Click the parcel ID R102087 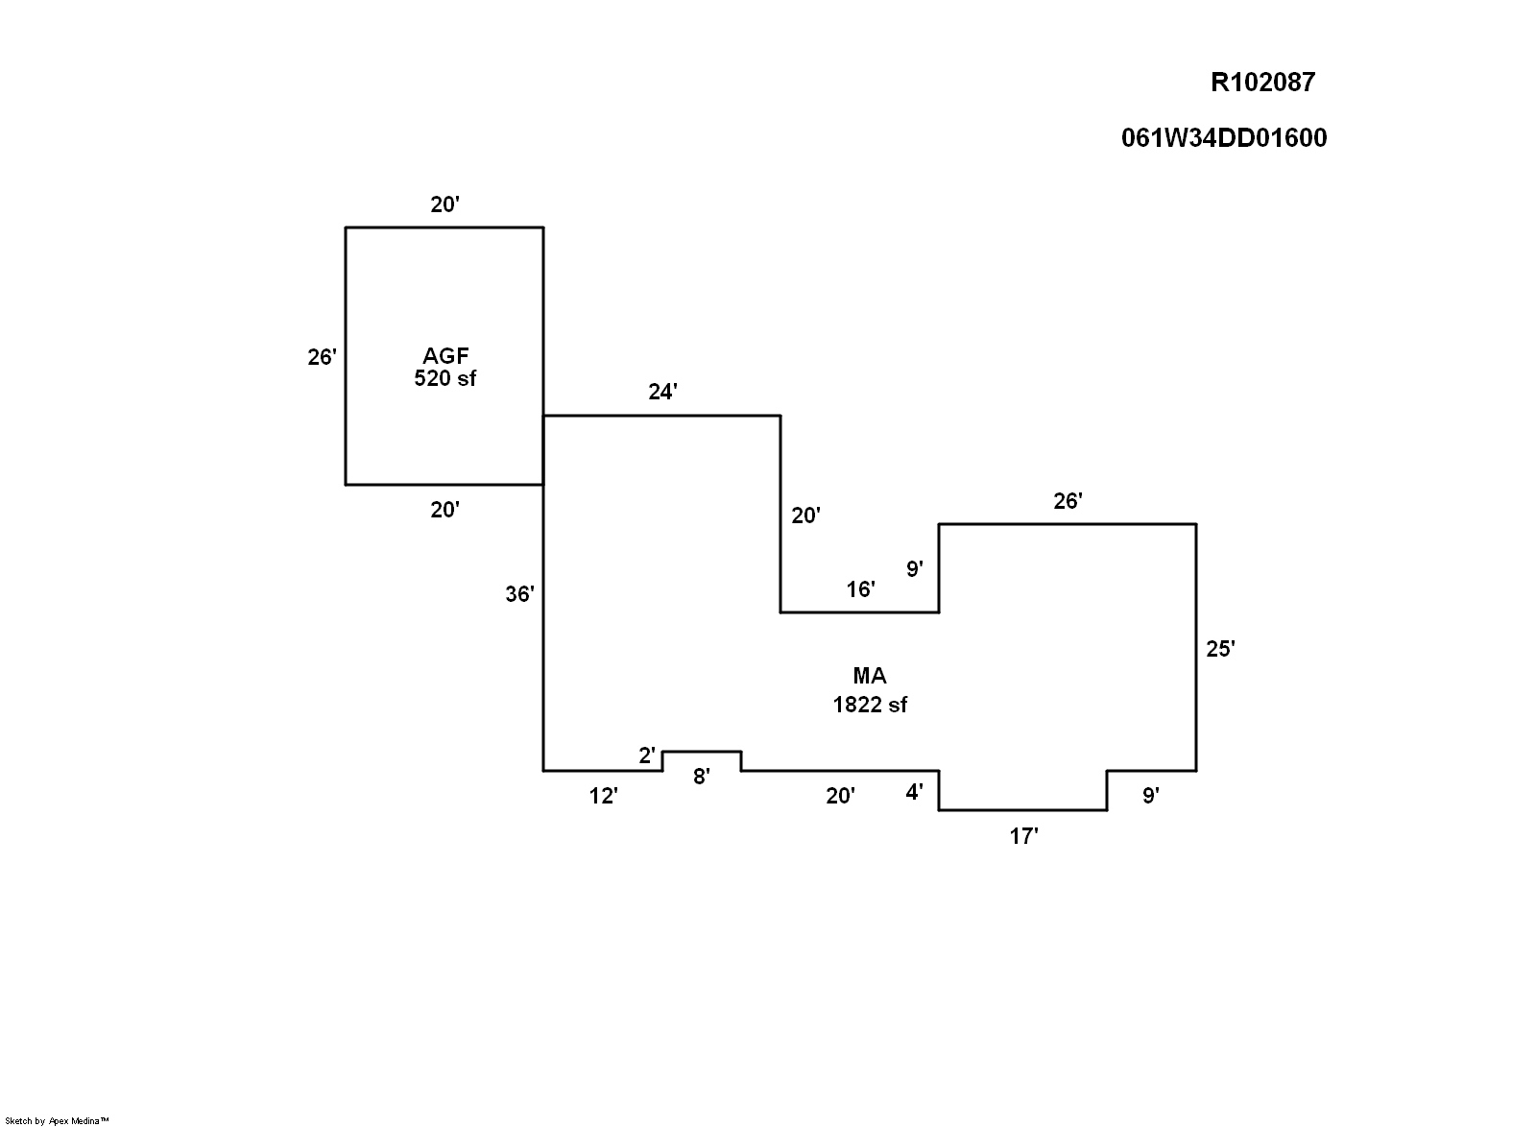(x=1262, y=83)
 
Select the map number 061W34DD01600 (x=1224, y=138)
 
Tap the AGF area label (x=445, y=357)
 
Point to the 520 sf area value (x=444, y=378)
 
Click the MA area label (x=870, y=676)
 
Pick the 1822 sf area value (x=870, y=705)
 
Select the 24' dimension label (x=663, y=392)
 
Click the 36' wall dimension (x=519, y=594)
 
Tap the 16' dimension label (x=860, y=589)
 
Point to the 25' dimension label (x=1220, y=649)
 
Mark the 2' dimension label (x=648, y=755)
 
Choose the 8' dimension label (x=702, y=777)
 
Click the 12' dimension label (x=604, y=796)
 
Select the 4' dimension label (x=915, y=793)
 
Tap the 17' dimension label (x=1023, y=837)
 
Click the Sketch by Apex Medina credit (x=58, y=1120)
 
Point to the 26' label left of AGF (x=322, y=357)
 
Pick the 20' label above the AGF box (x=444, y=204)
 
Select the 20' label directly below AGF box (x=444, y=510)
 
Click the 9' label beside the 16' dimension (x=915, y=569)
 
